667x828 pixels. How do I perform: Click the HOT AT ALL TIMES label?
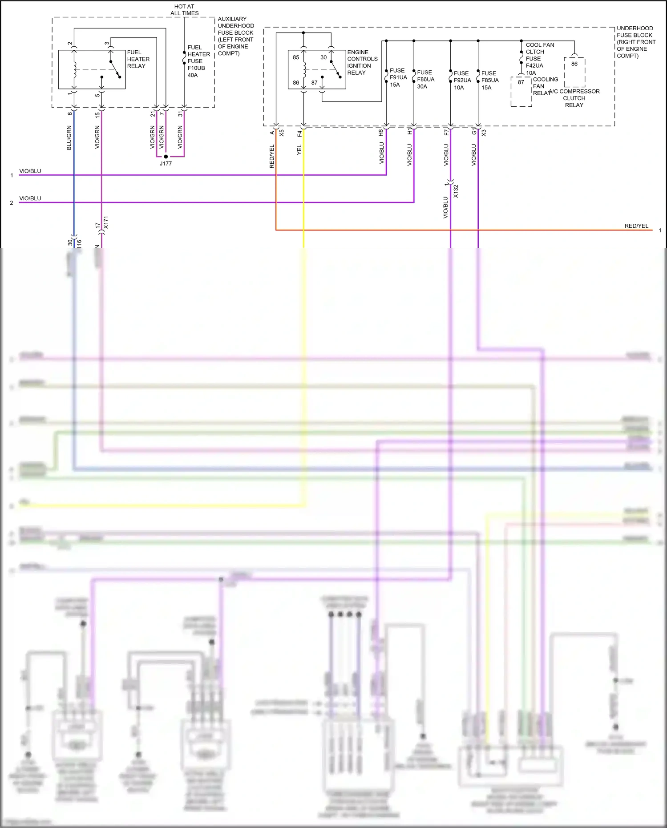(184, 10)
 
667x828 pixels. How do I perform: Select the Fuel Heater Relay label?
(138, 59)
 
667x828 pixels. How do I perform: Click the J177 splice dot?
(166, 157)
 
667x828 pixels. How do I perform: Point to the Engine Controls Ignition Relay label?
(362, 62)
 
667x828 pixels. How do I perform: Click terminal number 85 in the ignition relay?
(296, 57)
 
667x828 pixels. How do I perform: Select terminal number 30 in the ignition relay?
(323, 57)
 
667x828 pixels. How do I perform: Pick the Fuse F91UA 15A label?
(398, 77)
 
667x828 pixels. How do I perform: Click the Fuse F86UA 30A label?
(425, 79)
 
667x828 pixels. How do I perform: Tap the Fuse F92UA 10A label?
(462, 80)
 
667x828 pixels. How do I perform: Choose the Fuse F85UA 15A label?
(489, 80)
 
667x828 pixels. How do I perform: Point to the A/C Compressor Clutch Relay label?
(574, 98)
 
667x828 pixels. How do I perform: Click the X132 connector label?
(456, 191)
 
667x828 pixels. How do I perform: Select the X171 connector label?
(105, 222)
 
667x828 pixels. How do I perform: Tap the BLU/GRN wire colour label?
(69, 137)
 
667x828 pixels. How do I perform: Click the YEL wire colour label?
(299, 149)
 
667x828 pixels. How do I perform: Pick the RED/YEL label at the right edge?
(636, 226)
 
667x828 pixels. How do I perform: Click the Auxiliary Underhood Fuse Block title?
(235, 36)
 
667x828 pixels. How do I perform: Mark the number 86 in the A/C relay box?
(574, 64)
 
